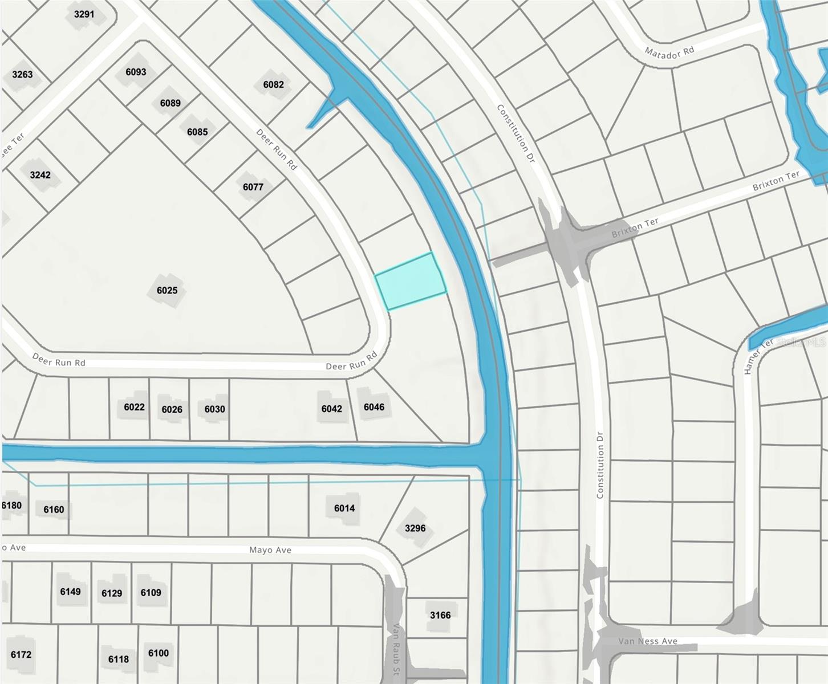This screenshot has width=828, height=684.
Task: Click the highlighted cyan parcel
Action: pyautogui.click(x=411, y=282)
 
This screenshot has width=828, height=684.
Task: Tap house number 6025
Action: pyautogui.click(x=167, y=291)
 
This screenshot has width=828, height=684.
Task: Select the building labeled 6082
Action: pyautogui.click(x=273, y=85)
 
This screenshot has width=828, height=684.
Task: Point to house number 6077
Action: pyautogui.click(x=253, y=187)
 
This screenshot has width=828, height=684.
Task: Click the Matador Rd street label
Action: pyautogui.click(x=669, y=52)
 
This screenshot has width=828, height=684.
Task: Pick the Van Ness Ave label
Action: pyautogui.click(x=648, y=641)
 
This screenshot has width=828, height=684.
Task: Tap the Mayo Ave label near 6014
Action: pyautogui.click(x=270, y=550)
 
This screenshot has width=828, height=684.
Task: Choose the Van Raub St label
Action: pyautogui.click(x=395, y=649)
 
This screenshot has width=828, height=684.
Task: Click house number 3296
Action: pyautogui.click(x=415, y=528)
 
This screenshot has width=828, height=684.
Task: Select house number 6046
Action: pyautogui.click(x=374, y=407)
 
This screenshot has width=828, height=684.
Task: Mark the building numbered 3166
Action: pyautogui.click(x=440, y=615)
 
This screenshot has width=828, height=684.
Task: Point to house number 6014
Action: pyautogui.click(x=344, y=508)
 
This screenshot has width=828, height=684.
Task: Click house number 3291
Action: pyautogui.click(x=84, y=14)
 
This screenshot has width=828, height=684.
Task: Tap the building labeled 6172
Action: pyautogui.click(x=21, y=654)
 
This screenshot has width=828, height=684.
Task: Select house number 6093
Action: pyautogui.click(x=136, y=72)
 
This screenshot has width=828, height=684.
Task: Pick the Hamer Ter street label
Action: pyautogui.click(x=758, y=356)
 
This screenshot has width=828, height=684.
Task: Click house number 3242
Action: pyautogui.click(x=40, y=175)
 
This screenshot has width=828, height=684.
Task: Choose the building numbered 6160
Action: pyautogui.click(x=54, y=510)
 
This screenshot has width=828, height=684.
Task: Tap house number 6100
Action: pyautogui.click(x=158, y=653)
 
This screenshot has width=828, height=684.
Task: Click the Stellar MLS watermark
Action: pyautogui.click(x=801, y=343)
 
